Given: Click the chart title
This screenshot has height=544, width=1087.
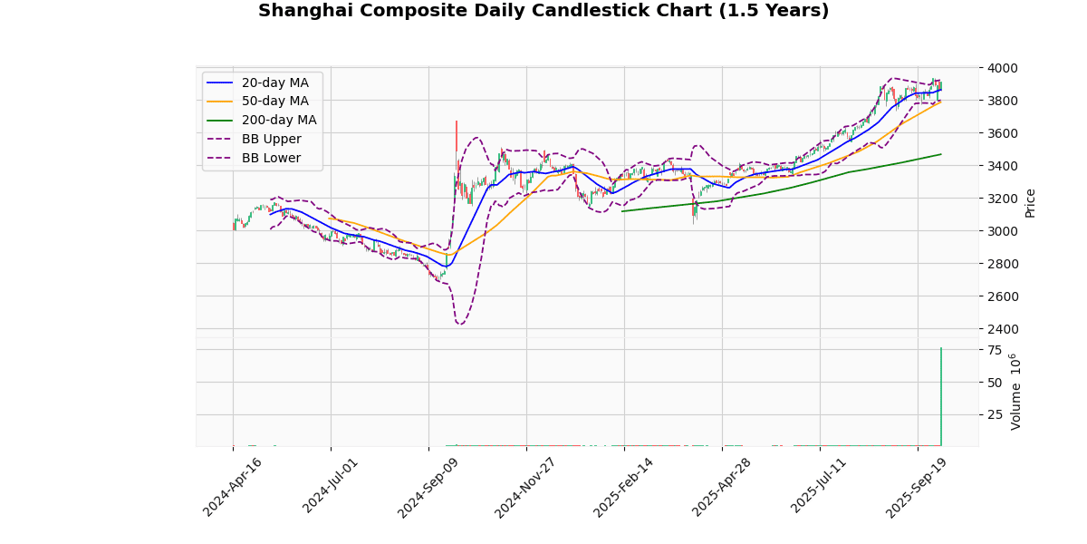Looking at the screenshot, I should [543, 11].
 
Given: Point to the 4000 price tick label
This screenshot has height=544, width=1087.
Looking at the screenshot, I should [1002, 68].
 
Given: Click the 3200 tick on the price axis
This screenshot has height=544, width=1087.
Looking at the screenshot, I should [1002, 199].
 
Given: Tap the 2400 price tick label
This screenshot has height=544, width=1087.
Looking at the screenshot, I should [1002, 329].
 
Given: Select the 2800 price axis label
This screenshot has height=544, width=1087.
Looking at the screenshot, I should [1002, 264].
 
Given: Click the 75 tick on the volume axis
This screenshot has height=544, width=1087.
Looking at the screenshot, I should [995, 350].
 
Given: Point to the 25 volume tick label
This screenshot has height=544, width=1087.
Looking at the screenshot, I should [995, 415].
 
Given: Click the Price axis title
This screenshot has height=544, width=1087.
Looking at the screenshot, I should [1030, 202].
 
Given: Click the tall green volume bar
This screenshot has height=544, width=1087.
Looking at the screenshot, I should [941, 399].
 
